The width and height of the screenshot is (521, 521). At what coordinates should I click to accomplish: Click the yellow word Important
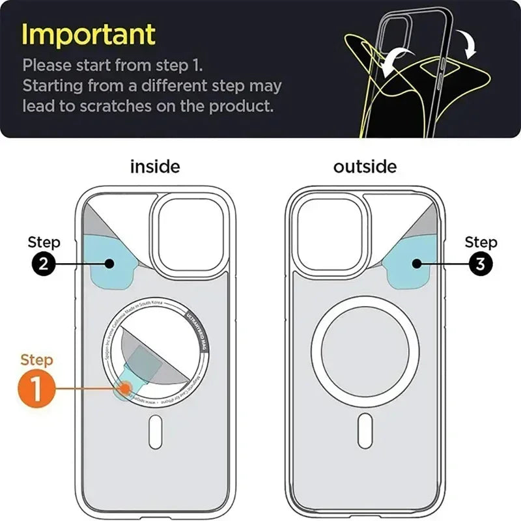(x=89, y=34)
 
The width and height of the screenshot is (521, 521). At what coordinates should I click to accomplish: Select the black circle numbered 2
(x=44, y=264)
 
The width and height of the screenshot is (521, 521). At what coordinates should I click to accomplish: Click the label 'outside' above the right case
(x=365, y=167)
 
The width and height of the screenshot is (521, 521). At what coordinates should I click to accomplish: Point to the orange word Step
(x=37, y=359)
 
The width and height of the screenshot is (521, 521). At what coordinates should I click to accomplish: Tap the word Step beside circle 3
(x=481, y=243)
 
